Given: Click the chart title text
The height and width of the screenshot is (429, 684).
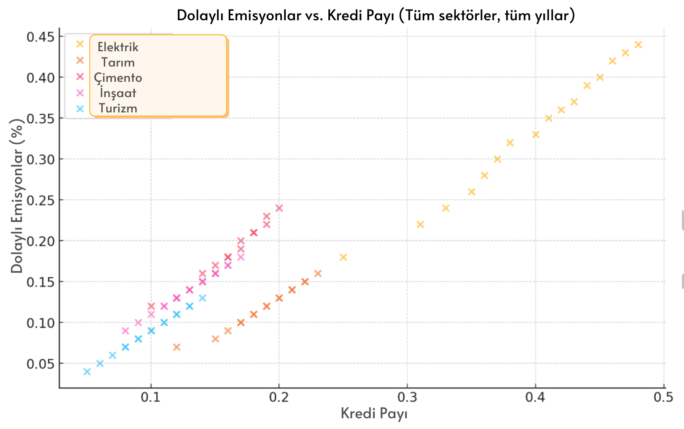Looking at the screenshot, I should [375, 16].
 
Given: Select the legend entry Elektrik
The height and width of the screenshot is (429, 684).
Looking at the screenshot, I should [118, 47].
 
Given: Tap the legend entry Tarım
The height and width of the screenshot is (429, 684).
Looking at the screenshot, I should [118, 62].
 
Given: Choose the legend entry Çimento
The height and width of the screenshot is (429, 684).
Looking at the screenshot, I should [118, 78].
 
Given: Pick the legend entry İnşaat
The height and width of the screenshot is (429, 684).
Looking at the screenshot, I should [118, 93].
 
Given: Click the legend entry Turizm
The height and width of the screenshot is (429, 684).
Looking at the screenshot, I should [118, 108].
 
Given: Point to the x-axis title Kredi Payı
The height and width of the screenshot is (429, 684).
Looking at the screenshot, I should [374, 413].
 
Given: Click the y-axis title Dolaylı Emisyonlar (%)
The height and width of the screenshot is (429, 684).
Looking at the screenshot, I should [17, 196].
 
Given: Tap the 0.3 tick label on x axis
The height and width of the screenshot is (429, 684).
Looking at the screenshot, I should [407, 398].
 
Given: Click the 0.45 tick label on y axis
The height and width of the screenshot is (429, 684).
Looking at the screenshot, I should [40, 37].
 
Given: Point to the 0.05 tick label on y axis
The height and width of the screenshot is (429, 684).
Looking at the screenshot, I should [40, 364].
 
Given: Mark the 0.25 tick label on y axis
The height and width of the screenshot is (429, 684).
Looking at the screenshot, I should [40, 200].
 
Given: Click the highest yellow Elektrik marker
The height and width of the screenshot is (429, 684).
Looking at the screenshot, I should [638, 45].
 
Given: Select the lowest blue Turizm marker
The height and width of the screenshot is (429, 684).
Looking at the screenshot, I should [87, 372].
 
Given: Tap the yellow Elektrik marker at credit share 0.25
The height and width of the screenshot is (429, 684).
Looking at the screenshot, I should [343, 257].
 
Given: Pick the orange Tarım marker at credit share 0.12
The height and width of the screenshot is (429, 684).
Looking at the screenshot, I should [177, 347].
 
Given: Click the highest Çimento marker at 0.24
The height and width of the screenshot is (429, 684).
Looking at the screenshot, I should [279, 208].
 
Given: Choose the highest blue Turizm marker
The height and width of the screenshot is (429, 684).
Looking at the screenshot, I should [202, 298].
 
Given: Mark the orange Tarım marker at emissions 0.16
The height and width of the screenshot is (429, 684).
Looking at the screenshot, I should [318, 274].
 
